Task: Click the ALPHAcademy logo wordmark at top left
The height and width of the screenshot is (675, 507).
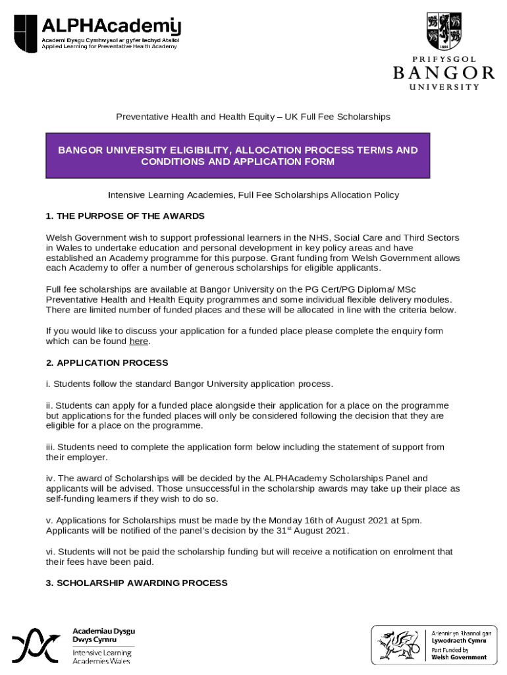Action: (111, 27)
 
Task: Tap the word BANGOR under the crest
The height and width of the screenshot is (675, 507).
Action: (444, 73)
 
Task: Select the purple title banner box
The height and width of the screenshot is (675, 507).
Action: (238, 156)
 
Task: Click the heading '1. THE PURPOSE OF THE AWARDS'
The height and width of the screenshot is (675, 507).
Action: (125, 216)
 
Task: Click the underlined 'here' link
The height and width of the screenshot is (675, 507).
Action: (138, 341)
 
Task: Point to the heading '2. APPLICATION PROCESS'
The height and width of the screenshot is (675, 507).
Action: (107, 363)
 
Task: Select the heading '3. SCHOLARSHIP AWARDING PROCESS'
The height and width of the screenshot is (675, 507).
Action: (137, 583)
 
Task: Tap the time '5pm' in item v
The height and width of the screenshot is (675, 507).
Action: (410, 521)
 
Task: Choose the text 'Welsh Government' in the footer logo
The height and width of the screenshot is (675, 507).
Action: (459, 657)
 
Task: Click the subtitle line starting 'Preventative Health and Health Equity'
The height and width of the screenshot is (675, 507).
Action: (254, 117)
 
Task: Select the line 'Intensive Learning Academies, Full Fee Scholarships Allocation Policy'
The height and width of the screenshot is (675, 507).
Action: (254, 195)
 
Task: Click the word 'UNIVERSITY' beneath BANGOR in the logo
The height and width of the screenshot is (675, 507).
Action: (444, 87)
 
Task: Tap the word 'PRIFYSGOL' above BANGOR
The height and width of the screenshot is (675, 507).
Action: (444, 59)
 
